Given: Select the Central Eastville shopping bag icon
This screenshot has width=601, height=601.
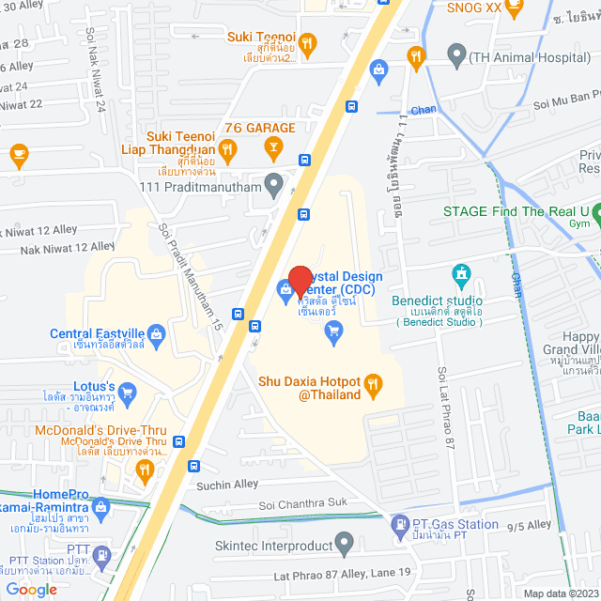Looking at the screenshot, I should [x=156, y=332].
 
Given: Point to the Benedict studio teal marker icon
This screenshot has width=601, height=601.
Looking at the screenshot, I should [x=460, y=274].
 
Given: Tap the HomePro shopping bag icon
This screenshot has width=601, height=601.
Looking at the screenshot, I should [x=101, y=507].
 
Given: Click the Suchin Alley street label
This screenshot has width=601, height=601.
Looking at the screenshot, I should [x=227, y=485].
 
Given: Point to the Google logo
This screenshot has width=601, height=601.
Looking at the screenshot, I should [x=30, y=589].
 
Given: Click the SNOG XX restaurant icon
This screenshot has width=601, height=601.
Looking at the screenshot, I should [x=514, y=9].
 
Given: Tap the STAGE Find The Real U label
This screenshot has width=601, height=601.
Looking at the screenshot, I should [x=516, y=210].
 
